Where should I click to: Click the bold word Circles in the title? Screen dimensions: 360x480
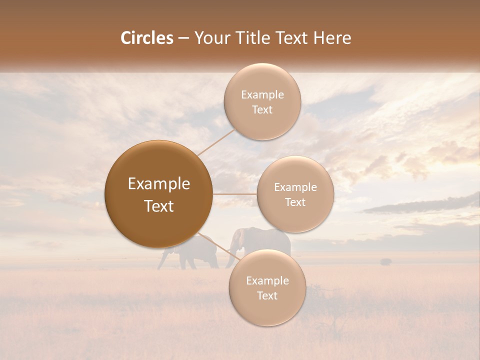(147, 38)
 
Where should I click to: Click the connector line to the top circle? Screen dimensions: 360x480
(216, 141)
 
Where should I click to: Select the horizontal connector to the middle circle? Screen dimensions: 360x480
(235, 194)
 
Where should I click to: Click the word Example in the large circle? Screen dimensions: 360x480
(158, 184)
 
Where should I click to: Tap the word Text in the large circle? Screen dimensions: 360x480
(158, 206)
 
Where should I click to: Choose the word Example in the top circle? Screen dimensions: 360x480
(262, 95)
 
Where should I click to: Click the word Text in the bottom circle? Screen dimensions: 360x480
(267, 295)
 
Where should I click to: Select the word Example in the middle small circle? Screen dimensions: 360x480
(295, 187)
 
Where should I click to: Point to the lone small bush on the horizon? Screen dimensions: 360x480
(385, 261)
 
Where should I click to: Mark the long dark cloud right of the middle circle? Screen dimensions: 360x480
(420, 204)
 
